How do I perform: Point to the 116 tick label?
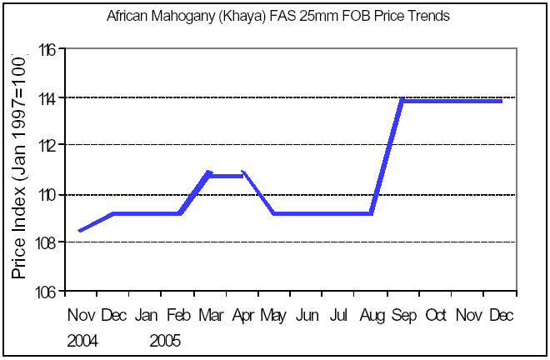46,50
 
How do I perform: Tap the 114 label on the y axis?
46,98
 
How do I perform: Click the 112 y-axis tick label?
46,146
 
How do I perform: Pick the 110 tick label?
46,194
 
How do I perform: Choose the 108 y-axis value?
46,242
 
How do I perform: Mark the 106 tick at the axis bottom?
46,291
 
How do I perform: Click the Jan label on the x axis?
146,316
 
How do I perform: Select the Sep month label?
404,316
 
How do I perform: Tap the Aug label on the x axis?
372,316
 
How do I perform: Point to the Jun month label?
307,316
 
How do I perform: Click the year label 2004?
82,341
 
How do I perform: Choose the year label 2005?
165,341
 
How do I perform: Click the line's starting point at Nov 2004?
80,231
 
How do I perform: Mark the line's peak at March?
208,172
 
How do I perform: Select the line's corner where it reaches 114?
402,100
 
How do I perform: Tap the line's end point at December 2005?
502,101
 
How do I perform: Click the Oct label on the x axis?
436,316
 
